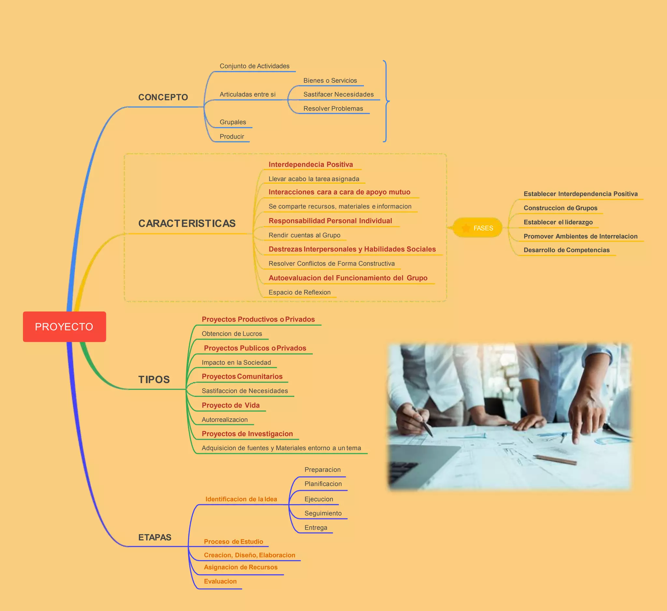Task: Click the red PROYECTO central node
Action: tap(64, 327)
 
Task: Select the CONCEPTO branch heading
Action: tap(163, 97)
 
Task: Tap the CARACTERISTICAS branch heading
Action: tap(187, 224)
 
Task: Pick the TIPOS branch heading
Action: tap(154, 379)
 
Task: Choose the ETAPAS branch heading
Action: tap(154, 537)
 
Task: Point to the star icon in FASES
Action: tap(466, 228)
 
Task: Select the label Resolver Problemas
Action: tap(333, 109)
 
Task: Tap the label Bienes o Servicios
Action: tap(330, 80)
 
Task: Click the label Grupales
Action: tap(233, 122)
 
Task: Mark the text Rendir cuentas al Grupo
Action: tap(304, 235)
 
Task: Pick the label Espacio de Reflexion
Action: tap(299, 292)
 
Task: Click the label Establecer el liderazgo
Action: tap(558, 222)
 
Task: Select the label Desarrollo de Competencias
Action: tap(566, 250)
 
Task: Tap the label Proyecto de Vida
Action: tap(231, 405)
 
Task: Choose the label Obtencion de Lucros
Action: tap(232, 334)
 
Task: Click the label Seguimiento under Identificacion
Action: tap(323, 513)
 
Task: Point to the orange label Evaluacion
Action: tap(220, 581)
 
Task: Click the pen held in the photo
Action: tap(423, 422)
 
